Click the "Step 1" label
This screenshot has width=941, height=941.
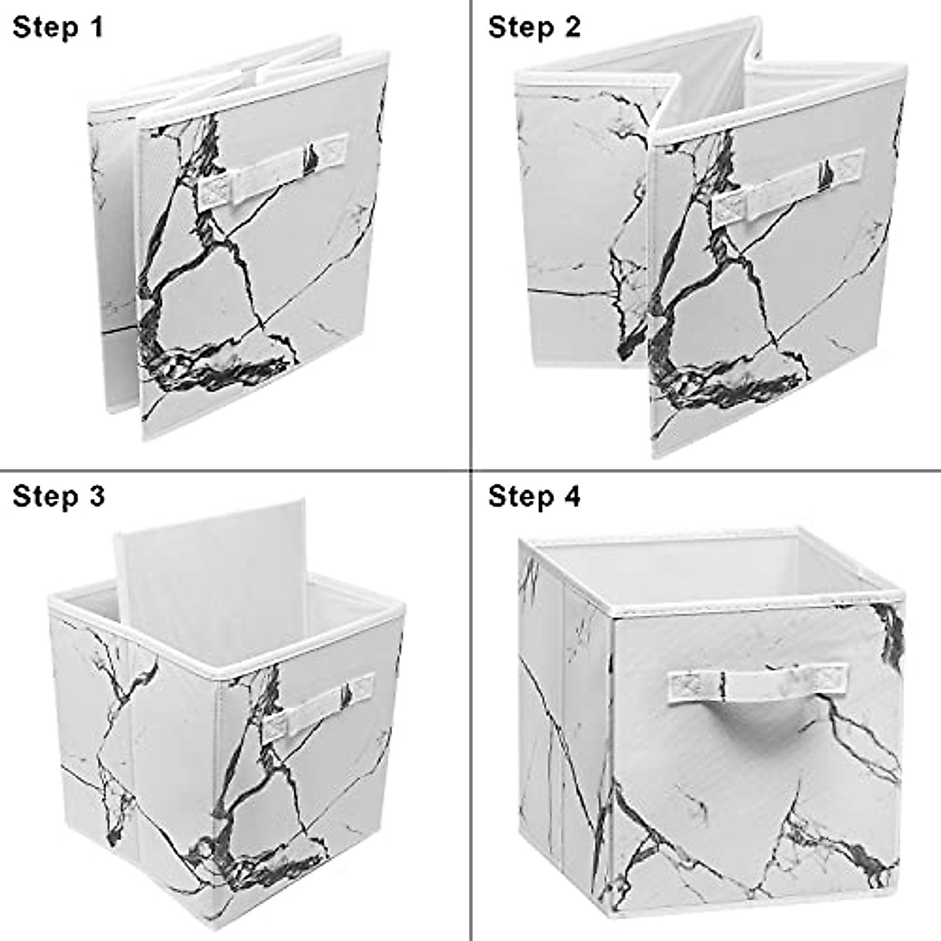pyautogui.click(x=58, y=27)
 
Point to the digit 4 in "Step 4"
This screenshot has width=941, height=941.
pyautogui.click(x=572, y=496)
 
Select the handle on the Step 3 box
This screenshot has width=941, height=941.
pyautogui.click(x=317, y=709)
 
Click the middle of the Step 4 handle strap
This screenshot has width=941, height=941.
pyautogui.click(x=758, y=682)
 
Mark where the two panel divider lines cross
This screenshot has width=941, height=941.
pyautogui.click(x=470, y=470)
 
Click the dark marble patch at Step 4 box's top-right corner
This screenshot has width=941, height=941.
pyautogui.click(x=890, y=631)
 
